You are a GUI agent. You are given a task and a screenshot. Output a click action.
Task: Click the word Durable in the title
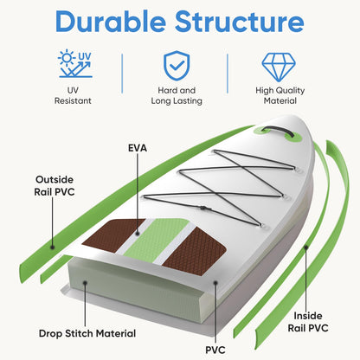pyautogui.click(x=111, y=22)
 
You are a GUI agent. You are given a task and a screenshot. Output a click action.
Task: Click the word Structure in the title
pyautogui.click(x=240, y=22)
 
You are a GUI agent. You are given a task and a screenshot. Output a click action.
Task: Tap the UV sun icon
pyautogui.click(x=75, y=64)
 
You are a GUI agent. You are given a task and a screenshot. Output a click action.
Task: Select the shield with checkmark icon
pyautogui.click(x=177, y=66)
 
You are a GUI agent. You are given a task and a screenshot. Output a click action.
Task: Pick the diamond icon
pyautogui.click(x=279, y=67)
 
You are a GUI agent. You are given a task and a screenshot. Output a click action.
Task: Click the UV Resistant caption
pyautogui.click(x=73, y=95)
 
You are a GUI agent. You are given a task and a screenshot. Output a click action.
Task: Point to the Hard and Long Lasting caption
pyautogui.click(x=177, y=95)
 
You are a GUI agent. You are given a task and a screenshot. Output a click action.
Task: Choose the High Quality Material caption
pyautogui.click(x=280, y=95)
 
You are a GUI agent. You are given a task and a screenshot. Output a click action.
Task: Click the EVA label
pyautogui.click(x=138, y=148)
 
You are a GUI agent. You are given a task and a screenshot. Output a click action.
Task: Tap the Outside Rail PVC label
pyautogui.click(x=55, y=186)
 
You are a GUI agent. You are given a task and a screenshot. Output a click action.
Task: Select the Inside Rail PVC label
pyautogui.click(x=308, y=322)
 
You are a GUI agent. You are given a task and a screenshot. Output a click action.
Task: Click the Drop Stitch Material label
pyautogui.click(x=87, y=333)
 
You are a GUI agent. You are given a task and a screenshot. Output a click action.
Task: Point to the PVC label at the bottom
pyautogui.click(x=215, y=350)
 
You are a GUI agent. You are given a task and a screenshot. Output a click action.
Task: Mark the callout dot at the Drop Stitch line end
pyautogui.click(x=85, y=283)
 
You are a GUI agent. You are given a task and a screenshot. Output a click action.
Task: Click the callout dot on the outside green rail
pyautogui.click(x=53, y=247)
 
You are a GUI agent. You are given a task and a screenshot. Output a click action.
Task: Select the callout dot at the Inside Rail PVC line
pyautogui.click(x=306, y=247)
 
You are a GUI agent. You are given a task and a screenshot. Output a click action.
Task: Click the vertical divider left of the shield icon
pyautogui.click(x=122, y=74)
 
